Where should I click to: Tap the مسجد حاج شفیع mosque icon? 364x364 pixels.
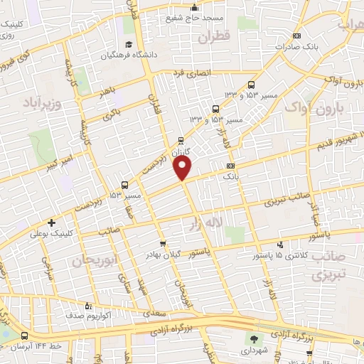click(x=193, y=9)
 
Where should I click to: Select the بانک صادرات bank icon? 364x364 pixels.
click(x=297, y=36)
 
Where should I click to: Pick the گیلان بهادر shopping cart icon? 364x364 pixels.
click(x=164, y=244)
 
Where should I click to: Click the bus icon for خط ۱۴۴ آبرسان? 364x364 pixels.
click(x=25, y=336)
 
